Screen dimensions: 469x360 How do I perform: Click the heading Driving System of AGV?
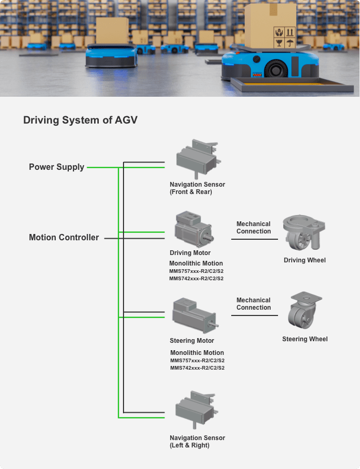pos(80,120)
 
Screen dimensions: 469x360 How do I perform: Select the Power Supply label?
pos(56,167)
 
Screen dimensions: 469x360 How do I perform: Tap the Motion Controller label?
pos(64,238)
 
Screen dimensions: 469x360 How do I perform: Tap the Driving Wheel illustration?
pos(304,233)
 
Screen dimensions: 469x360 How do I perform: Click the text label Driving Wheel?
pos(304,260)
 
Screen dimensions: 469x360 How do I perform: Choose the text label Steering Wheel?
pos(304,339)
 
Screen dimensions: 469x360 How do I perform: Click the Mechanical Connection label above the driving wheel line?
pos(253,228)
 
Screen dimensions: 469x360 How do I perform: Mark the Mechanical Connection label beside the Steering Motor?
pos(253,304)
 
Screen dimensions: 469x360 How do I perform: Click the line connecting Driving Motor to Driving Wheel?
pos(254,239)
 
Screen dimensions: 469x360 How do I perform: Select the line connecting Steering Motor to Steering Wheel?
pos(254,315)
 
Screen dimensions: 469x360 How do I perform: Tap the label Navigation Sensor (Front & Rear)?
pos(197,188)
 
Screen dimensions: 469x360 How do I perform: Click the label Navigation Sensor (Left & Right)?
pos(197,442)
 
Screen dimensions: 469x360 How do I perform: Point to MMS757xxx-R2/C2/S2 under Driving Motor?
pos(196,271)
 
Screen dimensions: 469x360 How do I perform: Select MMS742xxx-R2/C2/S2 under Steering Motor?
pos(197,368)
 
